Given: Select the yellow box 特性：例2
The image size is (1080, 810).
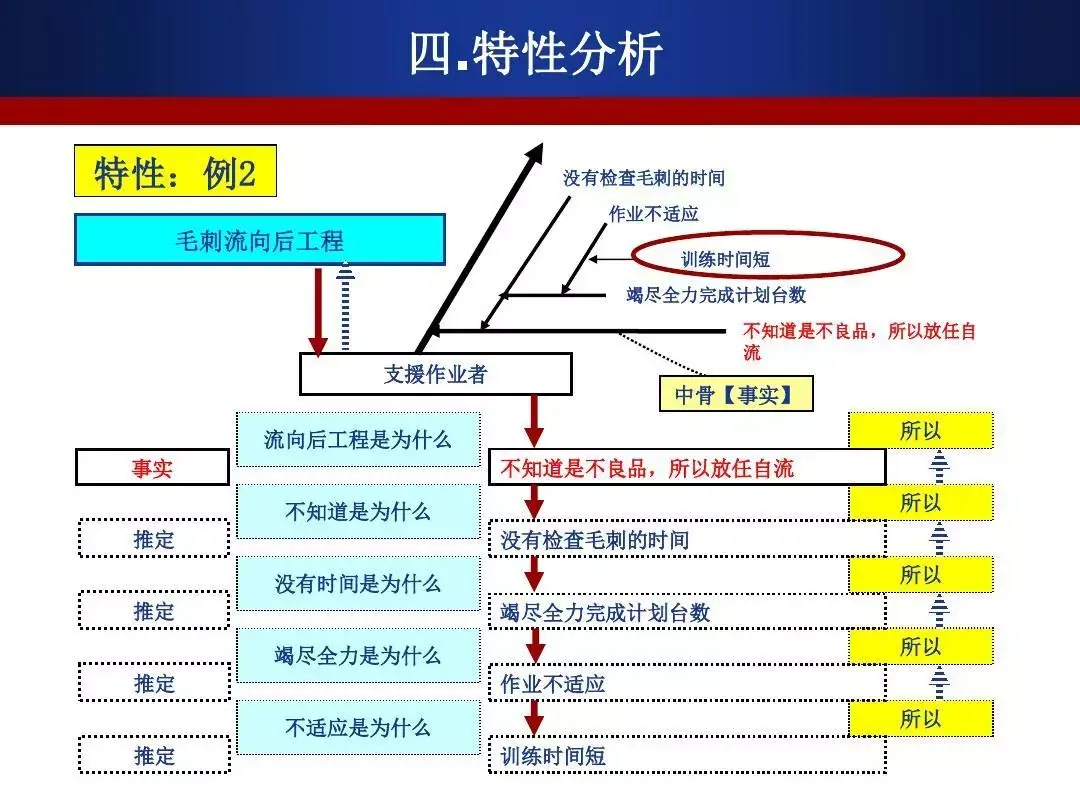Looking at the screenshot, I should (x=175, y=173).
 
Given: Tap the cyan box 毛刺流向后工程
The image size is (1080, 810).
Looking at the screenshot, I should (x=259, y=240).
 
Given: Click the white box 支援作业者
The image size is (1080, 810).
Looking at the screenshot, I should (x=435, y=375).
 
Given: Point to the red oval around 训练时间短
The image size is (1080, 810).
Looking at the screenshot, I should (x=767, y=255).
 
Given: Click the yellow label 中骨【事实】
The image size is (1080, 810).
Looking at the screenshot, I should (x=736, y=394).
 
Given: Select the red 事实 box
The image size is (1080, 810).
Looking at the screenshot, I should (x=152, y=467).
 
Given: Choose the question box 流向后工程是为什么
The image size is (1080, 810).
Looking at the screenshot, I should (x=358, y=439).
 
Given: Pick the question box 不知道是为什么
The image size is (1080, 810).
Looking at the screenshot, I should (x=358, y=511).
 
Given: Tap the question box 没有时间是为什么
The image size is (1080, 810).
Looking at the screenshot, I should (x=358, y=583).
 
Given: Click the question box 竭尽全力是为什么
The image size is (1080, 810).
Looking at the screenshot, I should (x=358, y=655).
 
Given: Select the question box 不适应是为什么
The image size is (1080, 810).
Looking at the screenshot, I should (x=358, y=727).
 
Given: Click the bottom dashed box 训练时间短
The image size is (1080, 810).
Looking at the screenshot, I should (x=686, y=756).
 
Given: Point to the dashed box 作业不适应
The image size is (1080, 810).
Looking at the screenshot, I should (x=686, y=684).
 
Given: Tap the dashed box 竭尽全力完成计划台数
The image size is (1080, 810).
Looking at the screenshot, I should (x=686, y=612).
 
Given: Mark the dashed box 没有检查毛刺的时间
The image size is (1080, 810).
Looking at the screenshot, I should (x=686, y=540).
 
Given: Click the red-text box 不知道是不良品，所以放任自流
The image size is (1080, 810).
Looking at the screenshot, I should (x=686, y=467).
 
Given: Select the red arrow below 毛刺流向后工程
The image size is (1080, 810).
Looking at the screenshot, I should (x=318, y=310).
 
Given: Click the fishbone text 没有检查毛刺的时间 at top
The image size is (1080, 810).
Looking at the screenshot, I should (x=643, y=179).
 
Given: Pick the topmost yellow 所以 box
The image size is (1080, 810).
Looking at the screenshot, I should (x=920, y=431).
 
